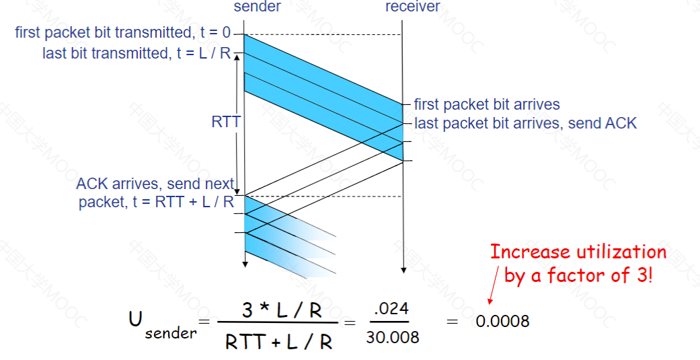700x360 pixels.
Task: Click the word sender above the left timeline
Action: (257, 6)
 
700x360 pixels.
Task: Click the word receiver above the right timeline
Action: (412, 6)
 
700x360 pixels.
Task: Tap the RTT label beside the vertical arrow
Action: (226, 122)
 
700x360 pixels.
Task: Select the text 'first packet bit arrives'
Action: (487, 104)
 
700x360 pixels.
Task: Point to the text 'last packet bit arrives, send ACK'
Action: (525, 123)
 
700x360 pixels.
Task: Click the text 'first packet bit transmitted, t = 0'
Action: (123, 32)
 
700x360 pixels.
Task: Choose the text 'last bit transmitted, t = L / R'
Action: (137, 53)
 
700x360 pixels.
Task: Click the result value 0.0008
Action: (503, 321)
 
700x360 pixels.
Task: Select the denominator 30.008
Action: (393, 337)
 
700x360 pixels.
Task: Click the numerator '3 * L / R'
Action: (281, 310)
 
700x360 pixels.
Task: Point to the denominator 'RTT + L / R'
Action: (278, 342)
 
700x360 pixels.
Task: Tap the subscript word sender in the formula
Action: (171, 333)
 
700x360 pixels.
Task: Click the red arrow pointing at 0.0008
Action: (494, 285)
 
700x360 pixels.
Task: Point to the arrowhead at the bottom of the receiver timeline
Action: (403, 270)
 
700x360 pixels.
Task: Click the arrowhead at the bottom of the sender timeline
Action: (245, 264)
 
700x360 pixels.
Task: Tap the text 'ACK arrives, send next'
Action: (155, 184)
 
